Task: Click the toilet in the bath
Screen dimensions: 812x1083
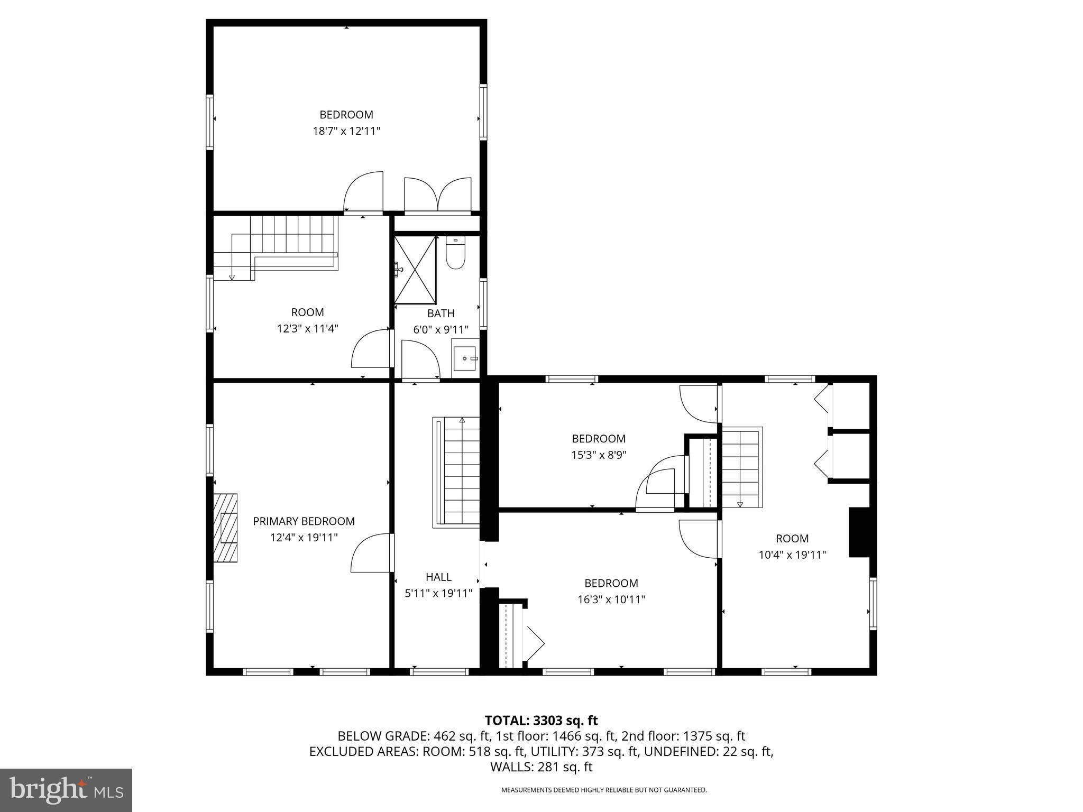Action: pos(455,255)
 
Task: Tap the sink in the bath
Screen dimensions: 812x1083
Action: pos(465,358)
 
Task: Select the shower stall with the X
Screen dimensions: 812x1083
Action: pos(415,270)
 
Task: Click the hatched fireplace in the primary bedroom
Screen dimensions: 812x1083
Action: pos(225,528)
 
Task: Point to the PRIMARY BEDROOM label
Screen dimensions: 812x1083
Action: pos(304,521)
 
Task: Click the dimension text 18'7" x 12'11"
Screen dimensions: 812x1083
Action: pos(346,131)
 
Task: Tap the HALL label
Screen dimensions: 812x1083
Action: pos(438,577)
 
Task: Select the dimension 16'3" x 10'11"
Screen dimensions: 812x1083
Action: pos(611,599)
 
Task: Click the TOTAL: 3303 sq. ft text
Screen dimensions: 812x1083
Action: pos(541,720)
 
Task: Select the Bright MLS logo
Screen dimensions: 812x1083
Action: pos(66,790)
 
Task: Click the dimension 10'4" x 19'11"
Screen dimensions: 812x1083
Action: pos(792,555)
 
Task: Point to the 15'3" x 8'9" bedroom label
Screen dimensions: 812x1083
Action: pos(599,438)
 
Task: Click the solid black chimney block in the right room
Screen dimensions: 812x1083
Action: pos(859,532)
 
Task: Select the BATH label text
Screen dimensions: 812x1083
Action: pos(440,313)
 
